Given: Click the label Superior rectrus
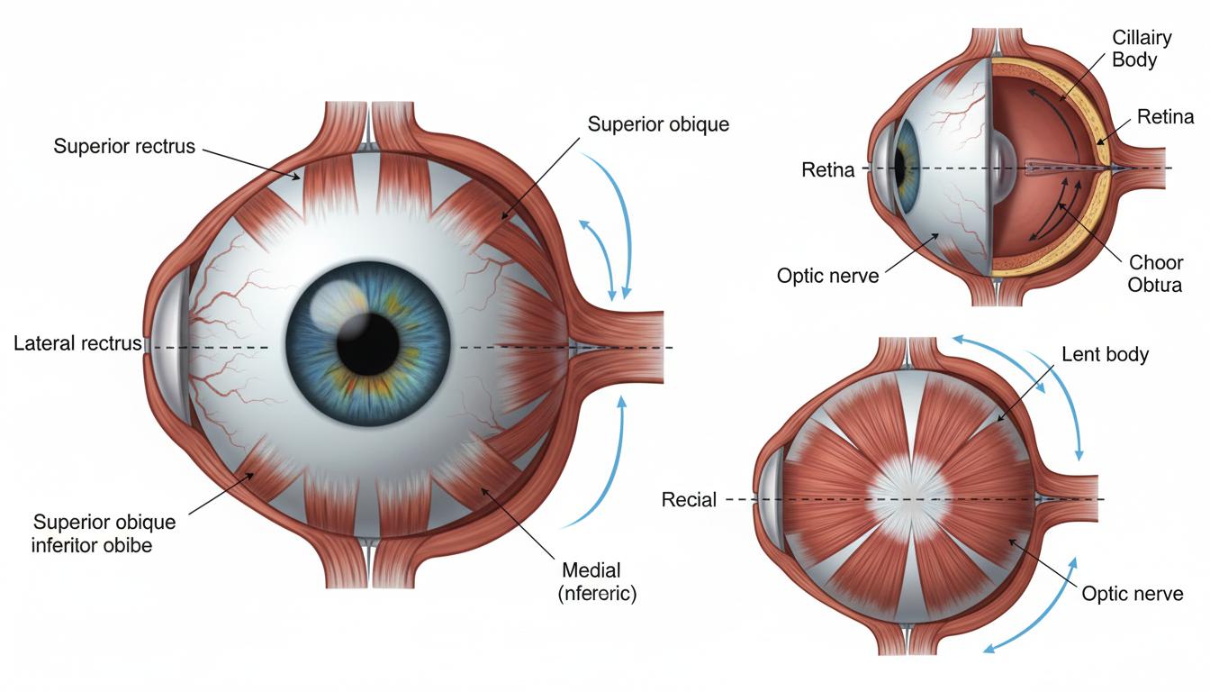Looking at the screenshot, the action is pos(124,146).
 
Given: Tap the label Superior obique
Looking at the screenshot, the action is pos(658,124).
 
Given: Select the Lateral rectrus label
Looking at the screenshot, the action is pos(77,343).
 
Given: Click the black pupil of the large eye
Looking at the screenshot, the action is pos(368,344).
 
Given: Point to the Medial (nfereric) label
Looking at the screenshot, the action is pos(597,582).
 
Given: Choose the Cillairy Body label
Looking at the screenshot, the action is pos(1142,49).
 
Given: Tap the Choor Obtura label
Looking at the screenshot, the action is pos(1155,274).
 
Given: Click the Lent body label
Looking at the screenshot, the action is pos(1106,354).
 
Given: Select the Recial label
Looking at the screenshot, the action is pos(689,499).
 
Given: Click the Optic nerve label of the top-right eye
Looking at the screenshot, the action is pos(827,276).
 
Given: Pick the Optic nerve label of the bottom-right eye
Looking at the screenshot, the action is pos(1133,594).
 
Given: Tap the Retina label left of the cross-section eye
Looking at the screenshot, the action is pos(827,169).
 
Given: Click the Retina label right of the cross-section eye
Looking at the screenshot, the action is pos(1165,117).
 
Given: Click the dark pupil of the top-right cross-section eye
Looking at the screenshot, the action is pos(899,168).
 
